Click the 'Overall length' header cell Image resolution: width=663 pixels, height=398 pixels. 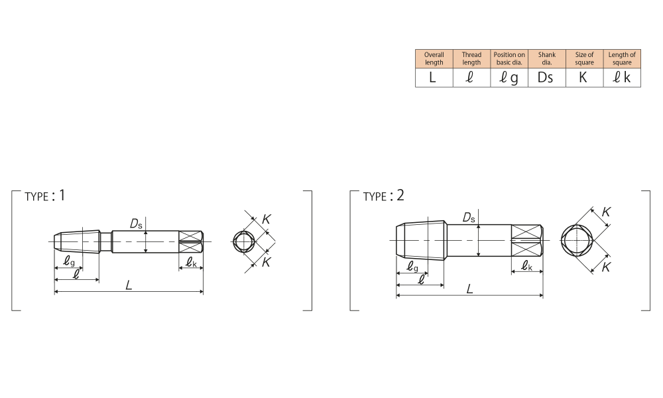tap(434, 59)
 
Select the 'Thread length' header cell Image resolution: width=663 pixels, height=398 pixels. tap(471, 59)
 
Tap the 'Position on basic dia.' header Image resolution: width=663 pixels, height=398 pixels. tap(509, 59)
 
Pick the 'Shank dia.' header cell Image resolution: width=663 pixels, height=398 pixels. tap(547, 59)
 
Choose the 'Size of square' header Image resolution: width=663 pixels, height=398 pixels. tap(584, 59)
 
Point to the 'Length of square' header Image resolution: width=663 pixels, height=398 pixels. tap(622, 59)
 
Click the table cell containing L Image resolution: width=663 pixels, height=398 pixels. tap(434, 78)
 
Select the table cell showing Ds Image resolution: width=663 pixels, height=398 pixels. tap(547, 78)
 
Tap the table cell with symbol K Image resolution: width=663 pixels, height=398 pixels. tap(584, 78)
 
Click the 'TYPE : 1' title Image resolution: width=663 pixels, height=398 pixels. tap(45, 196)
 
